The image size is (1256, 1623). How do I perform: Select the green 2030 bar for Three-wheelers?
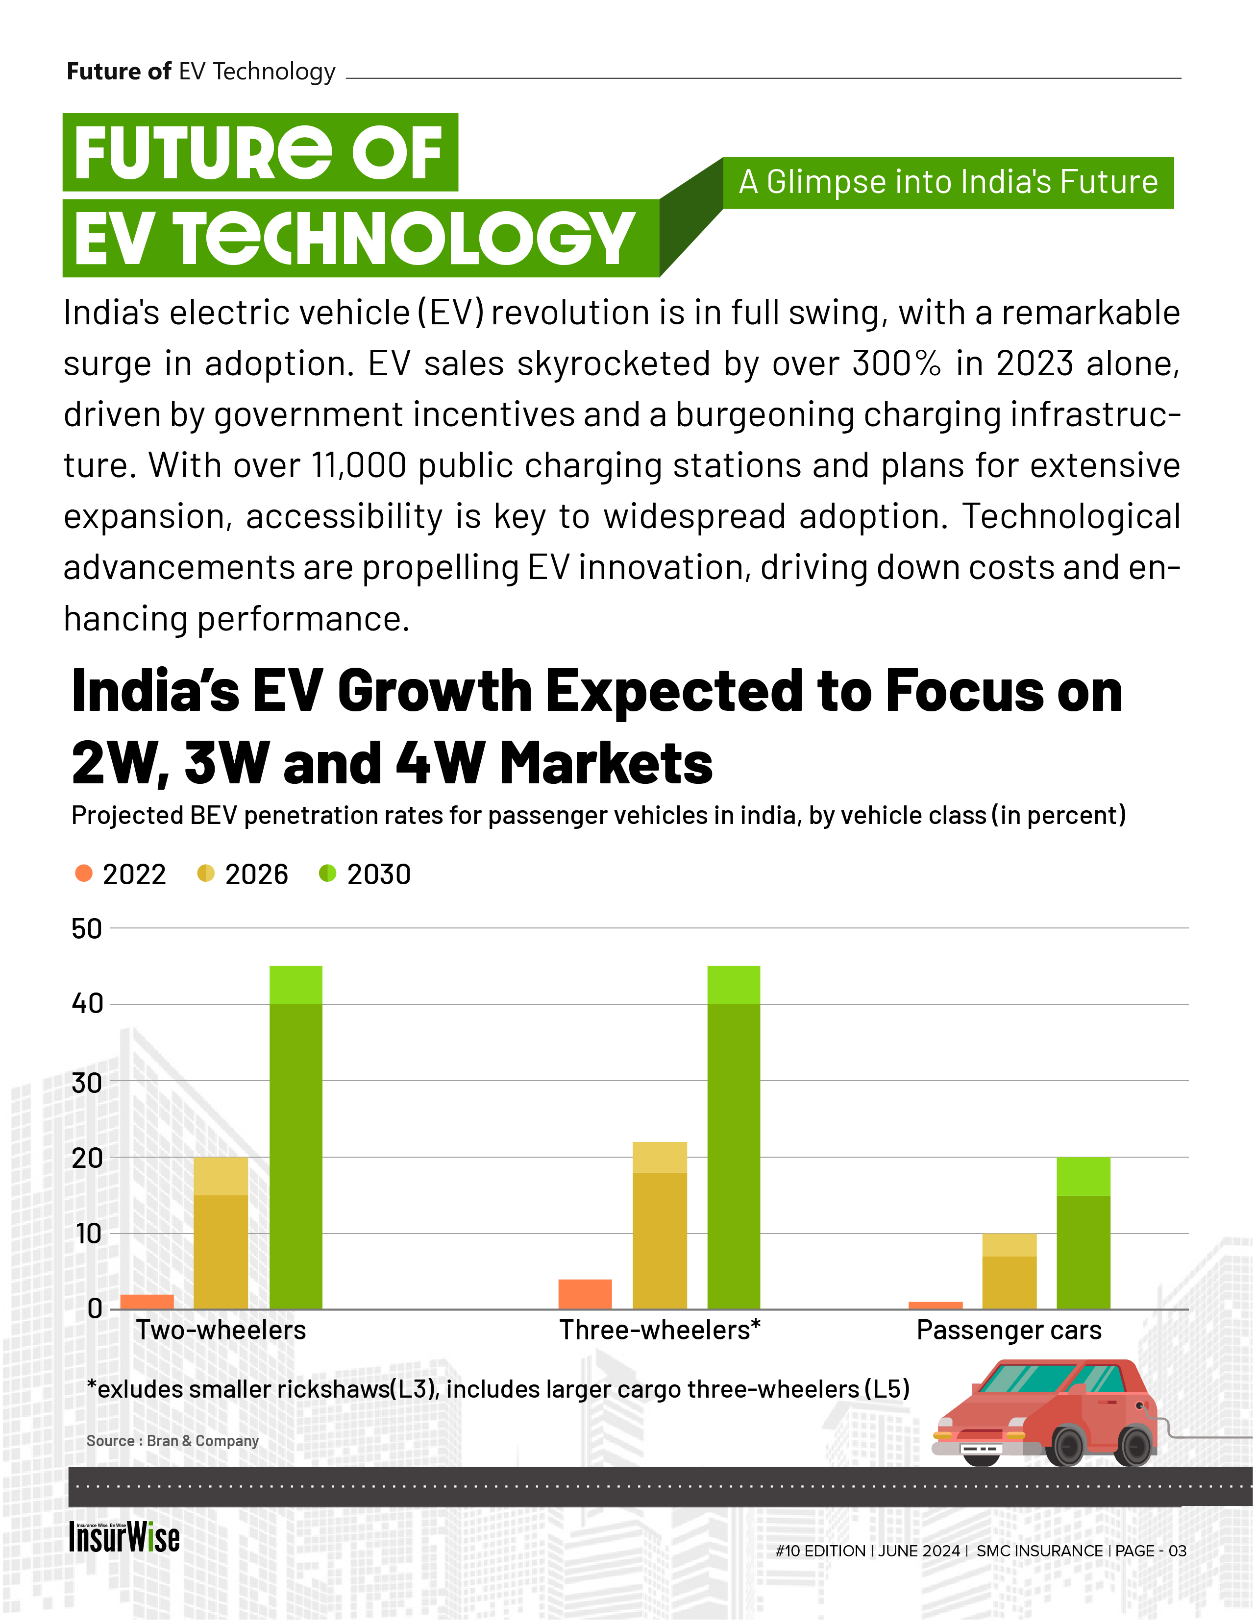coord(734,1137)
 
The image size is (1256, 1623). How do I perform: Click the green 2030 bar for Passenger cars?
coord(1083,1234)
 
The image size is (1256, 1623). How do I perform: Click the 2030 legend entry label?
coord(378,874)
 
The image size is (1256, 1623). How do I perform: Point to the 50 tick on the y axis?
coord(86,929)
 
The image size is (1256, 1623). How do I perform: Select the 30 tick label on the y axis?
coord(86,1083)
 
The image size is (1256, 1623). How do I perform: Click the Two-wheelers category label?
coord(221,1330)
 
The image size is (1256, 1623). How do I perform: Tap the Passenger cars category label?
coord(1009,1330)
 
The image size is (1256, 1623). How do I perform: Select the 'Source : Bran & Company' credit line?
coord(172,1441)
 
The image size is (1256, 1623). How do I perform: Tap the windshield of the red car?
coord(1026,1379)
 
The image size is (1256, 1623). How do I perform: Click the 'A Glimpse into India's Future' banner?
coord(948,182)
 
